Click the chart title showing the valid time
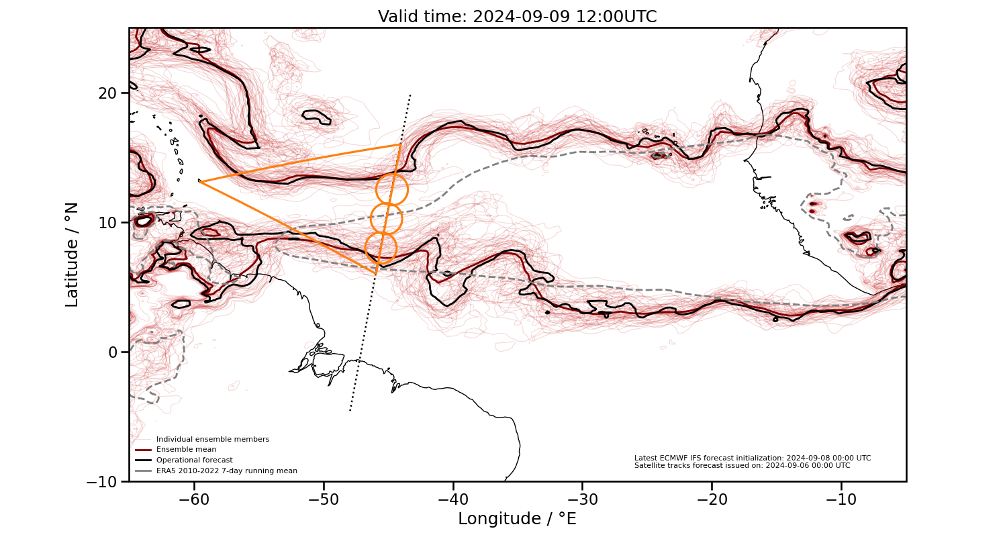point(517,17)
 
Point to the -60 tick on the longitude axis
point(195,500)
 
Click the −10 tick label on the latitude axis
point(104,481)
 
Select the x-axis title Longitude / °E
point(517,519)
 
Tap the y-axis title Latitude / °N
point(73,254)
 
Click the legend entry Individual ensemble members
point(212,439)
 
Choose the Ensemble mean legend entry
point(186,450)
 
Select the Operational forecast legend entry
point(194,460)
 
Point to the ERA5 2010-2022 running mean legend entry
point(226,471)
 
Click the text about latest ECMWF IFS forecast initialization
point(752,458)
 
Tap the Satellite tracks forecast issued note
point(742,466)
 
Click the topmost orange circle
point(391,189)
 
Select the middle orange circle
point(386,218)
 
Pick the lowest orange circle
point(381,248)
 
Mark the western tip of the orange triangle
point(201,182)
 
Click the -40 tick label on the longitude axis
point(453,500)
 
